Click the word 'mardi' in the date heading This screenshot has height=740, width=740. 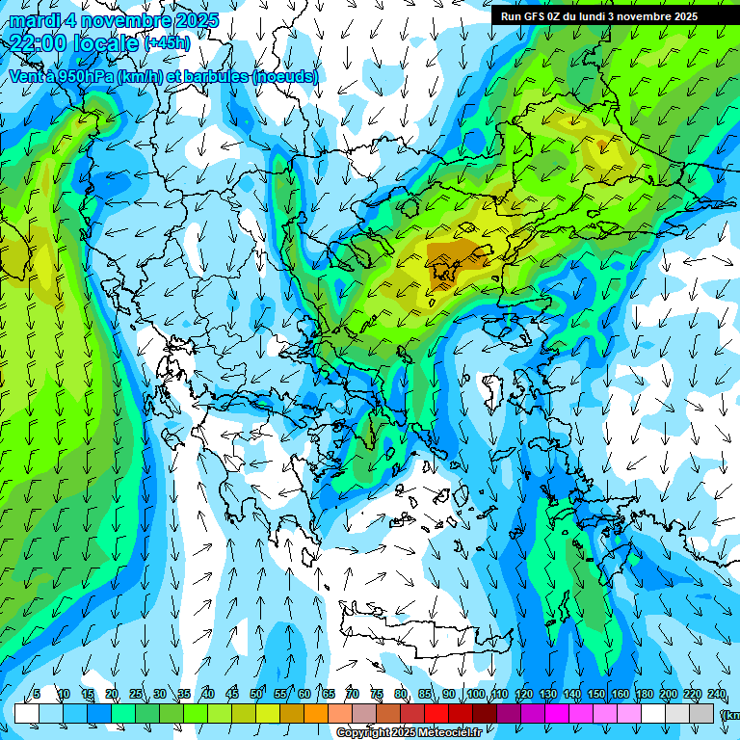point(35,20)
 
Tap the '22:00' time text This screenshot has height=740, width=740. point(39,42)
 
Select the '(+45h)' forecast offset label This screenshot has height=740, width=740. point(168,43)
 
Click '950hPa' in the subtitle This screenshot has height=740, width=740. point(81,76)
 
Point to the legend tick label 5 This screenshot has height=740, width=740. point(37,695)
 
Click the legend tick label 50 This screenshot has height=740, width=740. point(256,695)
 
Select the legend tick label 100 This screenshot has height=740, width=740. point(475,695)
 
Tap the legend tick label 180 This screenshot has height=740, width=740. point(644,695)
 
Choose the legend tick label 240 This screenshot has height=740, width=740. point(717,695)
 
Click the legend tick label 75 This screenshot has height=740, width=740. point(378,695)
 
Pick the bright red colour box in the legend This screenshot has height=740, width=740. point(437,713)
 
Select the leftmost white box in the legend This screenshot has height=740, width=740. point(26,713)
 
